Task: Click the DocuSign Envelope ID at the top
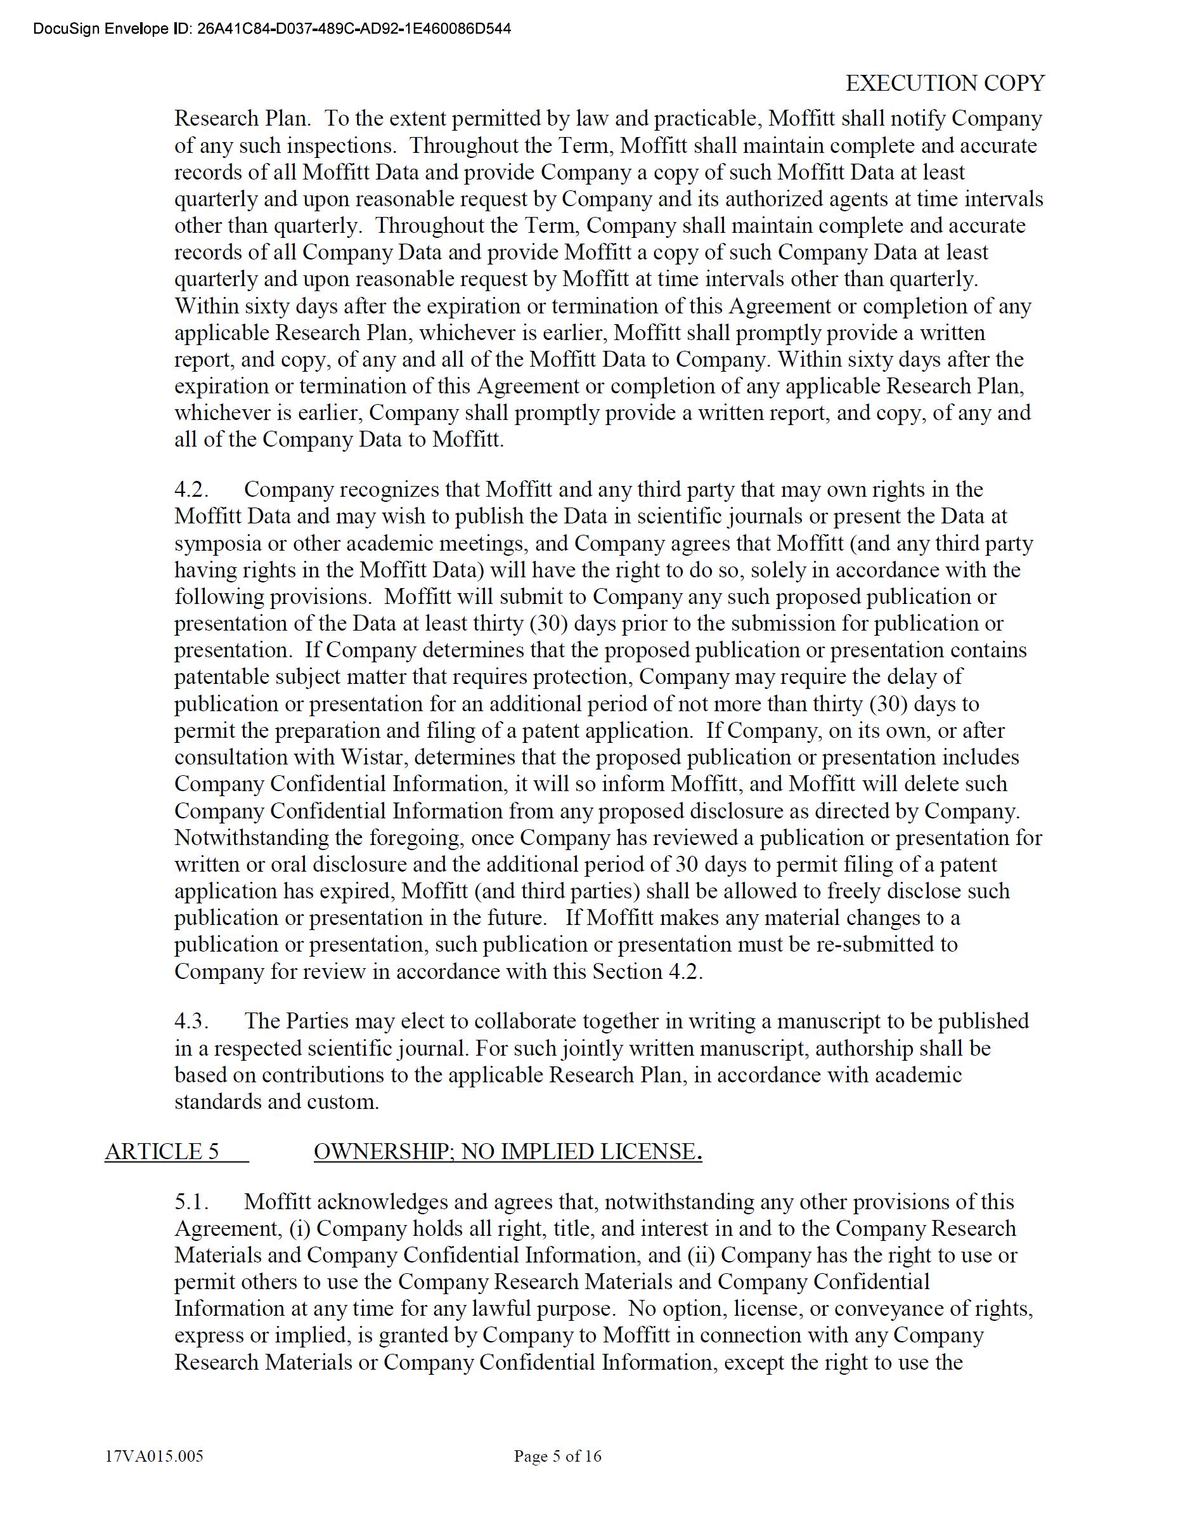272,29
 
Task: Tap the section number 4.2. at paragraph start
191,490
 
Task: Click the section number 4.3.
191,1021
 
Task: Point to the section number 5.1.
191,1202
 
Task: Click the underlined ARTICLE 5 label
162,1151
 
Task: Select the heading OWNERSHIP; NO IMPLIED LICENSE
507,1151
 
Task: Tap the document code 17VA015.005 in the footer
154,1456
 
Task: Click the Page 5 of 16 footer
557,1456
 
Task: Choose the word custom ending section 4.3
342,1101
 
